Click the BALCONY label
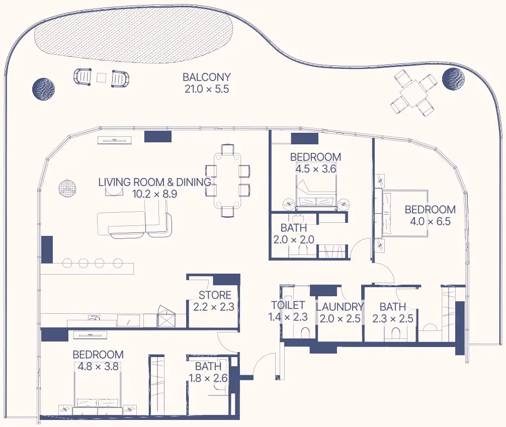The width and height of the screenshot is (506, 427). click(207, 77)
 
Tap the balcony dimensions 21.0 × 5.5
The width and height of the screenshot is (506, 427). click(207, 89)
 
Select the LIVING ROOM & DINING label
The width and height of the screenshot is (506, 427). click(154, 182)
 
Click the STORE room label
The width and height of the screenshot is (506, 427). click(215, 295)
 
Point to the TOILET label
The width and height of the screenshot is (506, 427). click(288, 305)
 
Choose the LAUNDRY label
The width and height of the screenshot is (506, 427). click(340, 307)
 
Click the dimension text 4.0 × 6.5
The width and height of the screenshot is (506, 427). click(430, 221)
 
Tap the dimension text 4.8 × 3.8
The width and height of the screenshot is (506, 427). click(98, 366)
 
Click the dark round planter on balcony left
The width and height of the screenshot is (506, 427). click(44, 89)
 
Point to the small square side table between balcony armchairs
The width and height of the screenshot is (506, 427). click(101, 77)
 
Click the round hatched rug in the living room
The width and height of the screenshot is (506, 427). click(67, 188)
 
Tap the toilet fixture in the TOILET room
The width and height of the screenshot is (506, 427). click(305, 332)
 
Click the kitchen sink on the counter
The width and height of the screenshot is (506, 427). click(94, 318)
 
